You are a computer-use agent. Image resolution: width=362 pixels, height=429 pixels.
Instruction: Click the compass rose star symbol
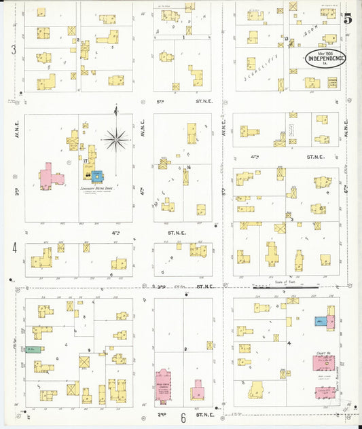116,141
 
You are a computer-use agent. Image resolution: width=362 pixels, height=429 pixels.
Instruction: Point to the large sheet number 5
348,19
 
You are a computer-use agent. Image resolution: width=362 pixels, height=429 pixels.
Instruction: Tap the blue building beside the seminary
98,176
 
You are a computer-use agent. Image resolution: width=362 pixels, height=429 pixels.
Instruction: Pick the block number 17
86,162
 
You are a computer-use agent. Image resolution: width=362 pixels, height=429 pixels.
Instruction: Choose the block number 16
188,167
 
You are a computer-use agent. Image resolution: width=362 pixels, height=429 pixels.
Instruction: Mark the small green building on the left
32,350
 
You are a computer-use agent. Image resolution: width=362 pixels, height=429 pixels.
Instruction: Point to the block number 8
185,349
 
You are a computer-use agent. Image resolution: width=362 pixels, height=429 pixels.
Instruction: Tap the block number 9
89,350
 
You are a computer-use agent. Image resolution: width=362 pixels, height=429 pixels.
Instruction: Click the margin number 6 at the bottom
183,418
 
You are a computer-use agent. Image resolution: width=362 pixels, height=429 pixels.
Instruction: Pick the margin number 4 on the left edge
14,248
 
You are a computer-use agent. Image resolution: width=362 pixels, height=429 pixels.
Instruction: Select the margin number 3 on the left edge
14,50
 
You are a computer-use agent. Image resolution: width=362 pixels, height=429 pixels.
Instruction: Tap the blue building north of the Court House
319,321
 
